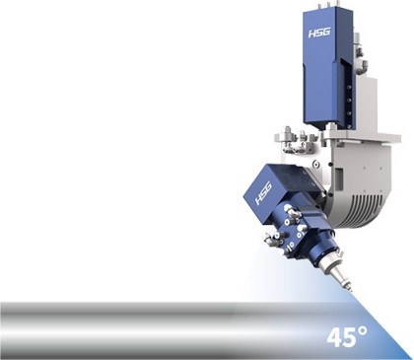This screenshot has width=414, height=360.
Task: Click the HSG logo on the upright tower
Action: [x=319, y=33]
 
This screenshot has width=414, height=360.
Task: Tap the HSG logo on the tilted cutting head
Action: [x=263, y=193]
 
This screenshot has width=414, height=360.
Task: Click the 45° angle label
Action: [x=347, y=336]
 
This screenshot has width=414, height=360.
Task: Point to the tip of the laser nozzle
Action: [x=351, y=291]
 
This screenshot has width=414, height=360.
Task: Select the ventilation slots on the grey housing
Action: [x=368, y=204]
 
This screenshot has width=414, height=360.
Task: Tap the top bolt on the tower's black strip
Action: [x=349, y=87]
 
